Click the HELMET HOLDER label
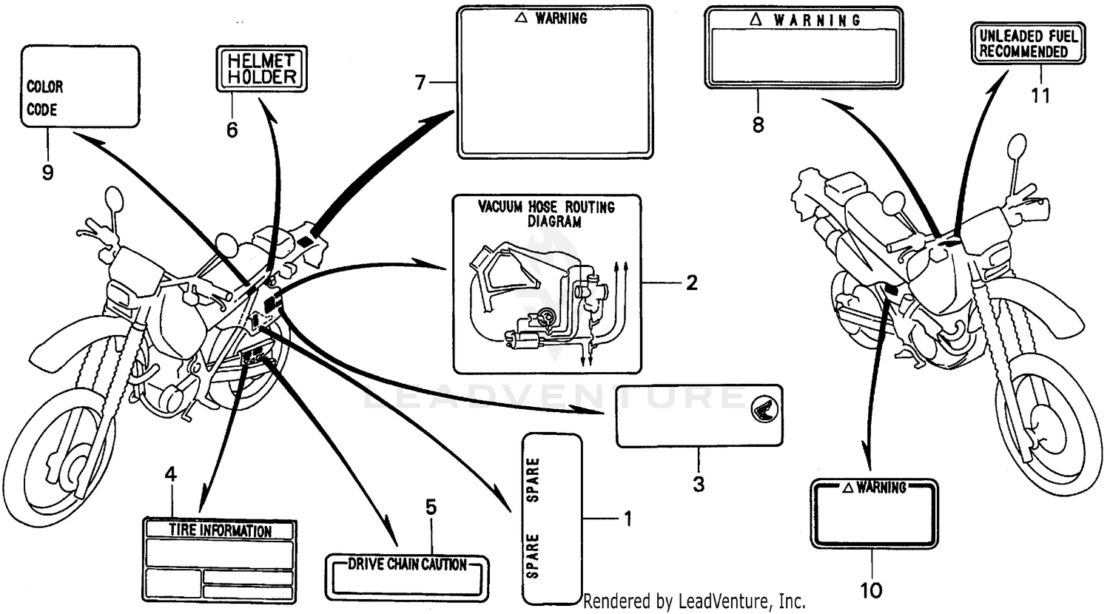coord(261,69)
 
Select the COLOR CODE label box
coord(80,87)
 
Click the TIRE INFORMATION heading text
coord(220,530)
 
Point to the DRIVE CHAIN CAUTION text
coord(407,565)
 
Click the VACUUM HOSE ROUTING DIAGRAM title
coord(546,214)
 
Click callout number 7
coord(420,83)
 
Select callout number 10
coord(871,590)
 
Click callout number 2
coord(691,283)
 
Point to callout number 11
coord(1040,96)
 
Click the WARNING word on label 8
coord(817,21)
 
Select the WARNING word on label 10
coord(881,488)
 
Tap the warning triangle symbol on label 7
coord(519,18)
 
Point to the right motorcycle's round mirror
coord(1017,147)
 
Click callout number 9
coord(47,172)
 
